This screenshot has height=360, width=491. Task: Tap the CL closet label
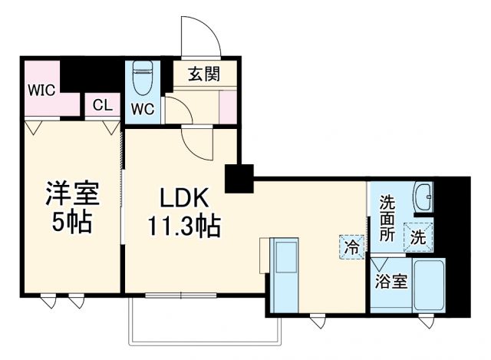click(101, 105)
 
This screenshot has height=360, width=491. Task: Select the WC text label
click(143, 108)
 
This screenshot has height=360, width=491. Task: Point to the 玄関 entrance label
click(203, 75)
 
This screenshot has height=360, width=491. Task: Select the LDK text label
click(184, 197)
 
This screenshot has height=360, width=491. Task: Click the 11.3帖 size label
click(184, 226)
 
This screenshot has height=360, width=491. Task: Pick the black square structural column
click(239, 178)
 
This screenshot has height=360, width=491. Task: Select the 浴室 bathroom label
click(390, 281)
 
